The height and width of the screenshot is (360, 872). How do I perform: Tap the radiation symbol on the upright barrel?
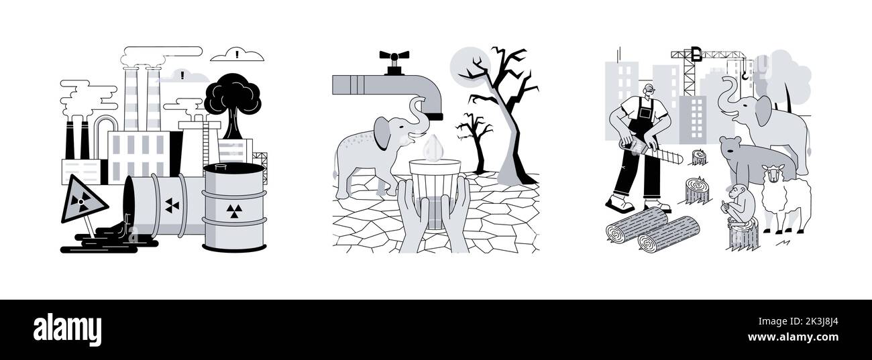pyautogui.click(x=232, y=212)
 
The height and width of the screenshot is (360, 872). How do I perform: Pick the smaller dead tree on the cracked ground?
pyautogui.click(x=474, y=137)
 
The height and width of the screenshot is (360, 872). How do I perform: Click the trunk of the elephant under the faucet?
pyautogui.click(x=420, y=111)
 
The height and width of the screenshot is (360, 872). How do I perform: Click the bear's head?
pyautogui.click(x=733, y=149)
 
